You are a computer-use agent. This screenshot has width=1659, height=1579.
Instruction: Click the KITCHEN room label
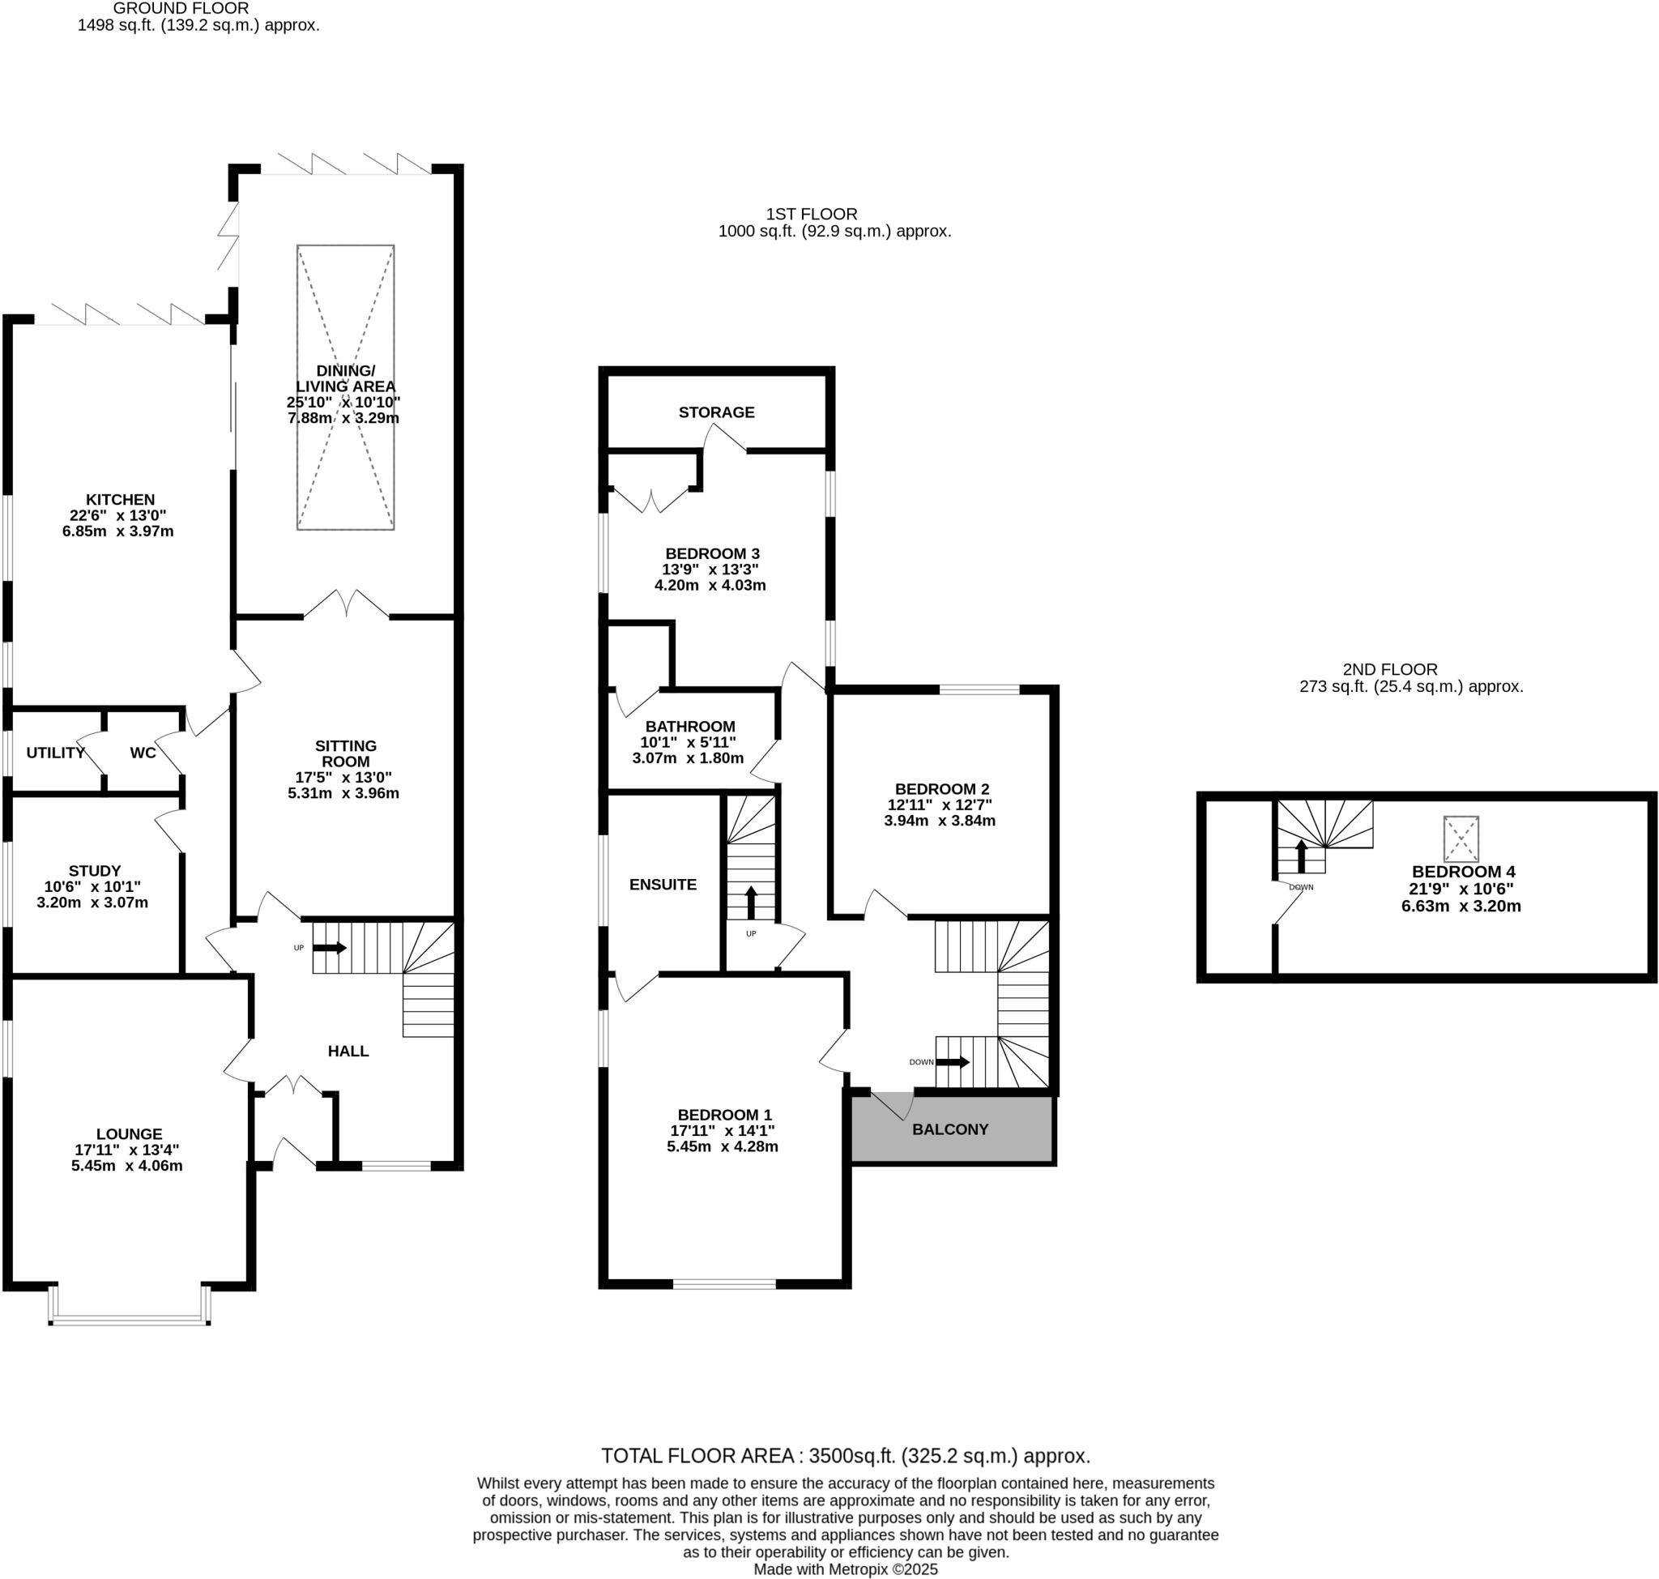click(x=121, y=499)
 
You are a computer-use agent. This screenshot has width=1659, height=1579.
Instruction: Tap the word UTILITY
click(x=56, y=753)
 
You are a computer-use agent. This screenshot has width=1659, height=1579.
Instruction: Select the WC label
click(x=143, y=753)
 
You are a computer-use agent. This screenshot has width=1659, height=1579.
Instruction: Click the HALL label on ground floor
click(x=348, y=1051)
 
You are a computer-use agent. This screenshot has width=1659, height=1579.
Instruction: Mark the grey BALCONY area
click(x=950, y=1129)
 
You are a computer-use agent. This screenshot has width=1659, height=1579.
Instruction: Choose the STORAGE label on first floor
click(x=716, y=412)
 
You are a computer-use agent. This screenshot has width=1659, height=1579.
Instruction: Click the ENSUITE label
click(x=663, y=885)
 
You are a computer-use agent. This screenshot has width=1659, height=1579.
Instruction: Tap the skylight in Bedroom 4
click(x=1461, y=839)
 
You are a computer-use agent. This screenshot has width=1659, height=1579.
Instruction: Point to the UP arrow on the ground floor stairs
click(x=329, y=948)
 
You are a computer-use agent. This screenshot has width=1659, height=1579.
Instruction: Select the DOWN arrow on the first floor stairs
click(x=953, y=1062)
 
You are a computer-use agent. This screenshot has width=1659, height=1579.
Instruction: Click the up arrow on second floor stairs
click(x=1300, y=856)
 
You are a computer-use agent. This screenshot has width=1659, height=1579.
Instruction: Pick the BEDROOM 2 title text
click(x=941, y=788)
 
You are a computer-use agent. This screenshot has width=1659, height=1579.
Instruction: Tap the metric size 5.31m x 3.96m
click(x=343, y=793)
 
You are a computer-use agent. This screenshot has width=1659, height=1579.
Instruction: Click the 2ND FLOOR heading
click(x=1389, y=669)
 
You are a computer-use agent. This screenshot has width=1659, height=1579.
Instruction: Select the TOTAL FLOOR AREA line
click(x=845, y=1455)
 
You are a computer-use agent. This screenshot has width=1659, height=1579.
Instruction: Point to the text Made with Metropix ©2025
click(x=845, y=1570)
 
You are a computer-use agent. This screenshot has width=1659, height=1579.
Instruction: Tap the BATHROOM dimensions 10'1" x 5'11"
click(x=688, y=742)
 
